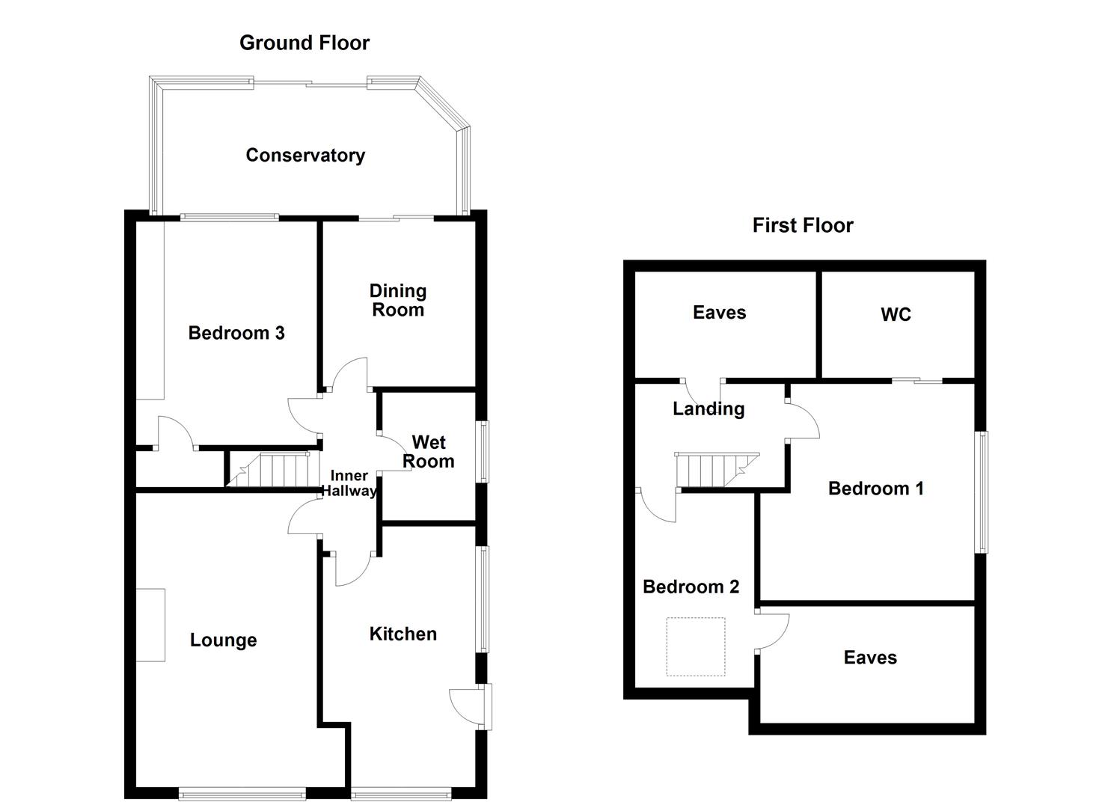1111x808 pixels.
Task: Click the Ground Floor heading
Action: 304,43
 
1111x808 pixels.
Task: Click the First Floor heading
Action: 802,225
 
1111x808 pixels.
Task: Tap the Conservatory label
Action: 305,155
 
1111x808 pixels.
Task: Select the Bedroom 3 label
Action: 236,333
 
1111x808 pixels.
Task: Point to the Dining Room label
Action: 398,300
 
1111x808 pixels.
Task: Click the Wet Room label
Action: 429,452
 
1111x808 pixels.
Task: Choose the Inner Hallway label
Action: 349,483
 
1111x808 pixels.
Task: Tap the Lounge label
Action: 223,640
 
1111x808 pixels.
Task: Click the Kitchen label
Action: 403,634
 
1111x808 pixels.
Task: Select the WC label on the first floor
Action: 896,314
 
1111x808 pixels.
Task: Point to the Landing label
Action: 708,408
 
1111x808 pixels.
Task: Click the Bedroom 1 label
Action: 875,489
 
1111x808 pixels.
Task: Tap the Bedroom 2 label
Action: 691,587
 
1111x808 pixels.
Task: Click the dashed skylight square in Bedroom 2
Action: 696,646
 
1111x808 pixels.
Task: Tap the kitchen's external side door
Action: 471,706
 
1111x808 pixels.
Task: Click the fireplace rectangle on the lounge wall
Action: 150,625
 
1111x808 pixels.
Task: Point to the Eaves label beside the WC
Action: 719,312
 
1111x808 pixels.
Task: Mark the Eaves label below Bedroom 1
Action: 869,657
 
